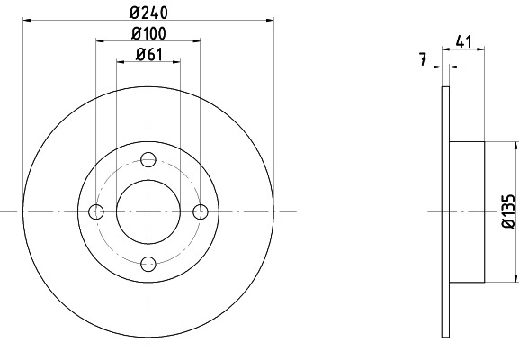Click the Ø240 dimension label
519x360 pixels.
pos(149,13)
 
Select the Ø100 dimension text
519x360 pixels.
pos(149,33)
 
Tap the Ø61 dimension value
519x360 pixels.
pos(149,54)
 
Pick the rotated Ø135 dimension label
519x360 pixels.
pos(508,211)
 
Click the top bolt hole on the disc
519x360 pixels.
pos(149,159)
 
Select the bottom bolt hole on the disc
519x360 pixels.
pos(149,263)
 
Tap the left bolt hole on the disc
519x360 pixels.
pos(97,211)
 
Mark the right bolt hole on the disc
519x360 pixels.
pos(201,211)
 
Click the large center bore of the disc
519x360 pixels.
pos(149,211)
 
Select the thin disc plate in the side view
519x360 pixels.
pos(445,211)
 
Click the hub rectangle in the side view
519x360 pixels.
pos(467,211)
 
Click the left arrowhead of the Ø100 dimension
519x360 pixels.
pos(100,41)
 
